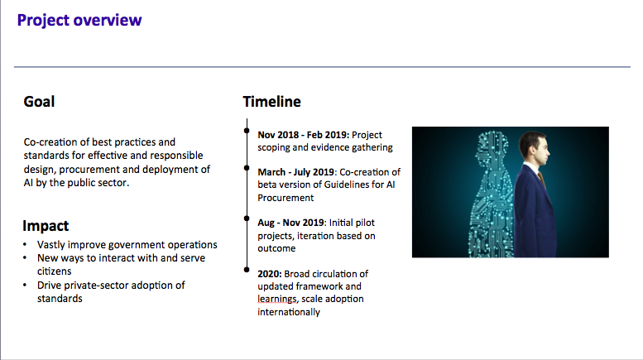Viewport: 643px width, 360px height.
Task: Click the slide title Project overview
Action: [79, 21]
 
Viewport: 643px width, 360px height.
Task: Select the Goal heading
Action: [39, 102]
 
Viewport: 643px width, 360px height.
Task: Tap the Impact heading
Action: [46, 226]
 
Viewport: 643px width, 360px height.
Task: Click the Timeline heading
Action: [272, 102]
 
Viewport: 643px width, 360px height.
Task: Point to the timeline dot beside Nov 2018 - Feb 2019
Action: [247, 131]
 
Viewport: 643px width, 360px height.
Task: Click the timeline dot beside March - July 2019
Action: [247, 168]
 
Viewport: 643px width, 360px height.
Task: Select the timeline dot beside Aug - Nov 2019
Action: [247, 218]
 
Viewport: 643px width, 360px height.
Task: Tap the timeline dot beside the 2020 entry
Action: [247, 270]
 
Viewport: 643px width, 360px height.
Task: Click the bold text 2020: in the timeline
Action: [270, 274]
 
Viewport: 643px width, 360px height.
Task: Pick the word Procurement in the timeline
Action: [286, 198]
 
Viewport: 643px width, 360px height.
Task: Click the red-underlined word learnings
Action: [276, 299]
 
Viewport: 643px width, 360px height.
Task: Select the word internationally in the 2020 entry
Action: [289, 312]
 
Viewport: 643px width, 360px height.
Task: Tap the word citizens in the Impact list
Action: [54, 271]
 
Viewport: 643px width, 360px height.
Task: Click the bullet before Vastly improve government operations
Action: [25, 245]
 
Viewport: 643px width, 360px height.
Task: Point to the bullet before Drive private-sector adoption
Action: [25, 285]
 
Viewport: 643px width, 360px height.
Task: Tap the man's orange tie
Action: [542, 179]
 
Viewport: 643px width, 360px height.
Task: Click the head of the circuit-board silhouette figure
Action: [492, 146]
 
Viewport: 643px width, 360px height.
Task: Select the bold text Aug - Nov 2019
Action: [290, 223]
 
